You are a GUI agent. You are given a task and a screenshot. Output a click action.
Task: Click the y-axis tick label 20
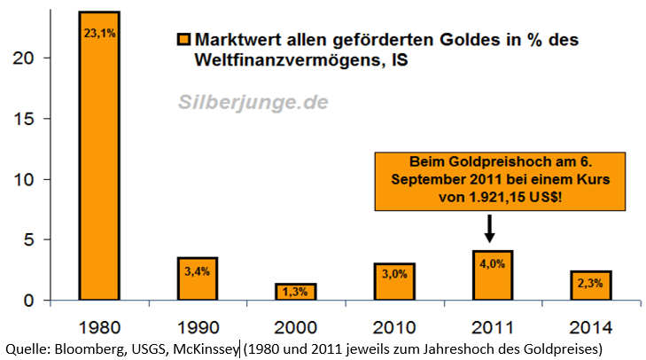click(27, 58)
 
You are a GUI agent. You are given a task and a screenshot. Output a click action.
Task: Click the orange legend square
click(183, 41)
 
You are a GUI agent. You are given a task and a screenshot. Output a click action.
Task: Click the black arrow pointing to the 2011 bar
click(489, 227)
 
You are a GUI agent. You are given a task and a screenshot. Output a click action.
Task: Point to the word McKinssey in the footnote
click(205, 348)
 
